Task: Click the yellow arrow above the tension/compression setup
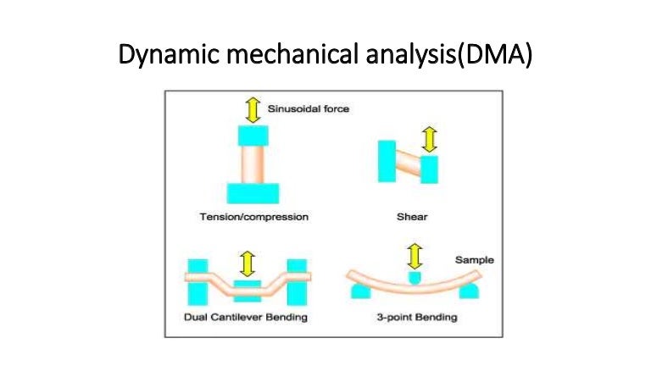point(253,109)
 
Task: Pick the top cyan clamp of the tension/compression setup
point(253,135)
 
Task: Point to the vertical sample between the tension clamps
point(253,163)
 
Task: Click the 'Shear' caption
point(412,218)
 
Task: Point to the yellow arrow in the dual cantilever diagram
point(248,263)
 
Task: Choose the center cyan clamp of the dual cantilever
point(248,293)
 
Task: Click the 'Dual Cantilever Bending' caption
point(246,318)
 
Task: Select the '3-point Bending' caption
point(416,318)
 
